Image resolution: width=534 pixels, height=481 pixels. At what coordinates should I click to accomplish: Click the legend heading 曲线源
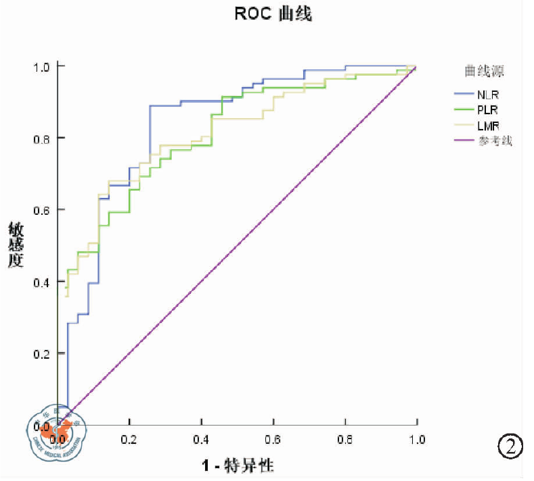pyautogui.click(x=483, y=70)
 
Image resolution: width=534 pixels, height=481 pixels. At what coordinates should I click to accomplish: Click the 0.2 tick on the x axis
pyautogui.click(x=129, y=439)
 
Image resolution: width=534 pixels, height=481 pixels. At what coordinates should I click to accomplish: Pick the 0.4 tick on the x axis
pyautogui.click(x=201, y=439)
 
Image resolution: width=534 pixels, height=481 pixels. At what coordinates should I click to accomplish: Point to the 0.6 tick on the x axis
pyautogui.click(x=273, y=439)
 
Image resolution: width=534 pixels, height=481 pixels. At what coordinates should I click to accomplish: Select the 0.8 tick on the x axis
pyautogui.click(x=345, y=439)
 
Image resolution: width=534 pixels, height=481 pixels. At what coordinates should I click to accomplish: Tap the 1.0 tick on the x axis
pyautogui.click(x=417, y=439)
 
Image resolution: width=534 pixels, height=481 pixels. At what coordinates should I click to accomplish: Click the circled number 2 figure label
pyautogui.click(x=510, y=446)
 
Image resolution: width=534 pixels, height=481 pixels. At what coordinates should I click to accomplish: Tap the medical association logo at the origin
pyautogui.click(x=57, y=431)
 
